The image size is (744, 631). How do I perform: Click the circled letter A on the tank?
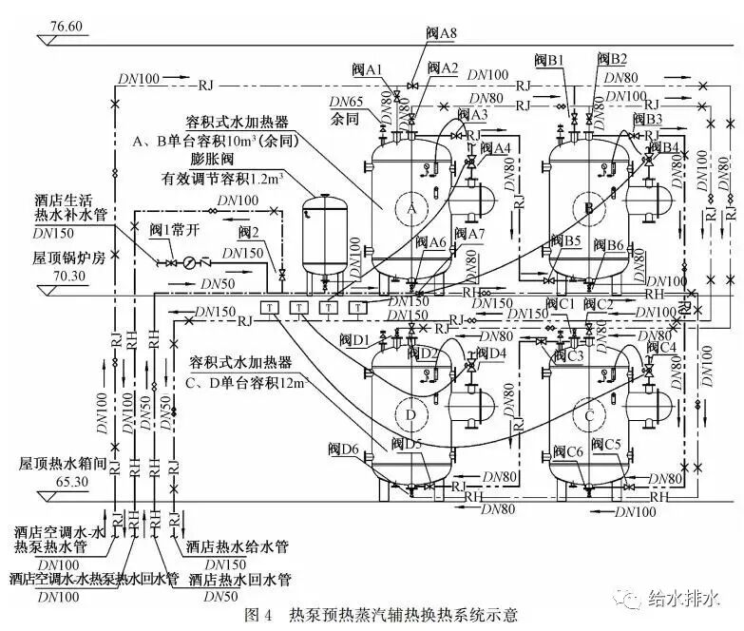click(411, 208)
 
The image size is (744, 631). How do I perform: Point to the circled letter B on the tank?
click(588, 208)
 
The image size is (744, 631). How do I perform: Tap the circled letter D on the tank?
click(411, 415)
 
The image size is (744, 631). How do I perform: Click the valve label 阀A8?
click(442, 33)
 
